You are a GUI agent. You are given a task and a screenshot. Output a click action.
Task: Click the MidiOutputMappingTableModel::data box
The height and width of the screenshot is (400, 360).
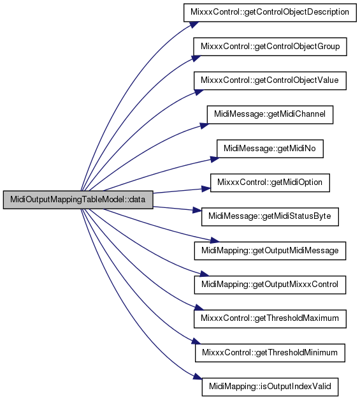pos(78,200)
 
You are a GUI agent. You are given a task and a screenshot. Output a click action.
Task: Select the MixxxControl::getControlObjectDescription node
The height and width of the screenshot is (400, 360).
pos(270,12)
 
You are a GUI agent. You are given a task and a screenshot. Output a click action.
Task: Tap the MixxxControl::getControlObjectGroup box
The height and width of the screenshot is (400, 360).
pos(270,47)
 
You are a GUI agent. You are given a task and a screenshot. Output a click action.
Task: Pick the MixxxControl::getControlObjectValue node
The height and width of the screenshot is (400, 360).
pos(270,80)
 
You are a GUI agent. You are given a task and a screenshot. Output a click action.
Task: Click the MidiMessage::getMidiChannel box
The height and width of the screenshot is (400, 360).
pos(270,115)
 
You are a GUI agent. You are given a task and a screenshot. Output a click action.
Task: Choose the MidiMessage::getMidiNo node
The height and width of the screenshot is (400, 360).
pos(270,149)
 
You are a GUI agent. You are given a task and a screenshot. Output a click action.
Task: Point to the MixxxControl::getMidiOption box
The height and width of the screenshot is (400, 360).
pos(270,182)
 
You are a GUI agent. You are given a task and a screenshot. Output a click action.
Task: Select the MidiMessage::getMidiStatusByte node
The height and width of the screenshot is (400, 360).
pos(270,216)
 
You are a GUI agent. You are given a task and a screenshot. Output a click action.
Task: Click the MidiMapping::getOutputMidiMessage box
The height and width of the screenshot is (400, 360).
pos(270,251)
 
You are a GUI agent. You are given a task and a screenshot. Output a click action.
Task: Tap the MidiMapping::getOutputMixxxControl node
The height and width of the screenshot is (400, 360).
pos(270,285)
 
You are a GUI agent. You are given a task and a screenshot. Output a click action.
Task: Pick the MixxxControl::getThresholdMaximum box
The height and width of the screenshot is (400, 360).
pos(270,318)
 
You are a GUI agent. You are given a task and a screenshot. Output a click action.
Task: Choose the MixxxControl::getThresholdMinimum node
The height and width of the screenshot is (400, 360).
pos(270,353)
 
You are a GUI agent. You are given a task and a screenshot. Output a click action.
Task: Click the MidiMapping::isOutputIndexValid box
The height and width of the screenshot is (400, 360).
pos(270,387)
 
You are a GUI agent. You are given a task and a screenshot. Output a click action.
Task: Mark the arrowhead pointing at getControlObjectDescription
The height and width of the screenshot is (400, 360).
pos(193,25)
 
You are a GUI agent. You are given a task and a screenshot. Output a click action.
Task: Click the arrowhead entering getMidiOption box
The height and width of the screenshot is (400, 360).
pos(206,189)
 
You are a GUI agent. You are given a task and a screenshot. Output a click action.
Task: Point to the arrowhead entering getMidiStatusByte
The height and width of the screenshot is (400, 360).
pos(197,210)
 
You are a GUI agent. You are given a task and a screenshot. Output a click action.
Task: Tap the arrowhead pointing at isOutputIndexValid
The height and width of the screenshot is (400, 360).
pos(198,376)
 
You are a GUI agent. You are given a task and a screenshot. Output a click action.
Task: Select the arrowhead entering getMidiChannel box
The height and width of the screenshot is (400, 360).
pos(204,126)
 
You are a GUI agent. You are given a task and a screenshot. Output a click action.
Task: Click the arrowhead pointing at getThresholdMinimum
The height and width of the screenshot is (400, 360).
pos(196,341)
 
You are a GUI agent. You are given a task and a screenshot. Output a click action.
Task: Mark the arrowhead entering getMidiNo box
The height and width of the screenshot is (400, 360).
pos(215,159)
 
